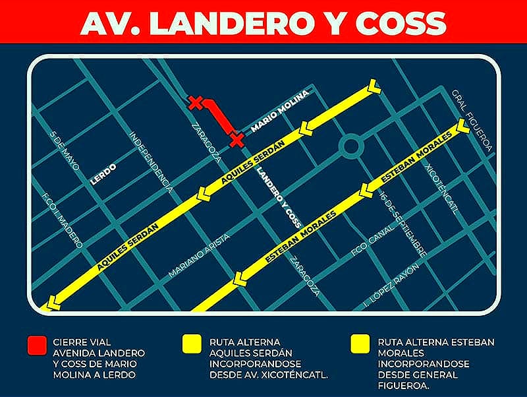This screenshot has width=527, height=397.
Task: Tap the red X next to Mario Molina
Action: click(236, 138)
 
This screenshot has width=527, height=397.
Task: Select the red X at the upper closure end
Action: click(195, 102)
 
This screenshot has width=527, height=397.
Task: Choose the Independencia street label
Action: click(151, 162)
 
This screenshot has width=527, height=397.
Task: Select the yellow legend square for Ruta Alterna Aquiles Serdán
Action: click(192, 345)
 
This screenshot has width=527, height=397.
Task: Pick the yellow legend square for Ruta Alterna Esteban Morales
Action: click(360, 345)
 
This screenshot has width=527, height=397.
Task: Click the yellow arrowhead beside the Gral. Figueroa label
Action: click(463, 126)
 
